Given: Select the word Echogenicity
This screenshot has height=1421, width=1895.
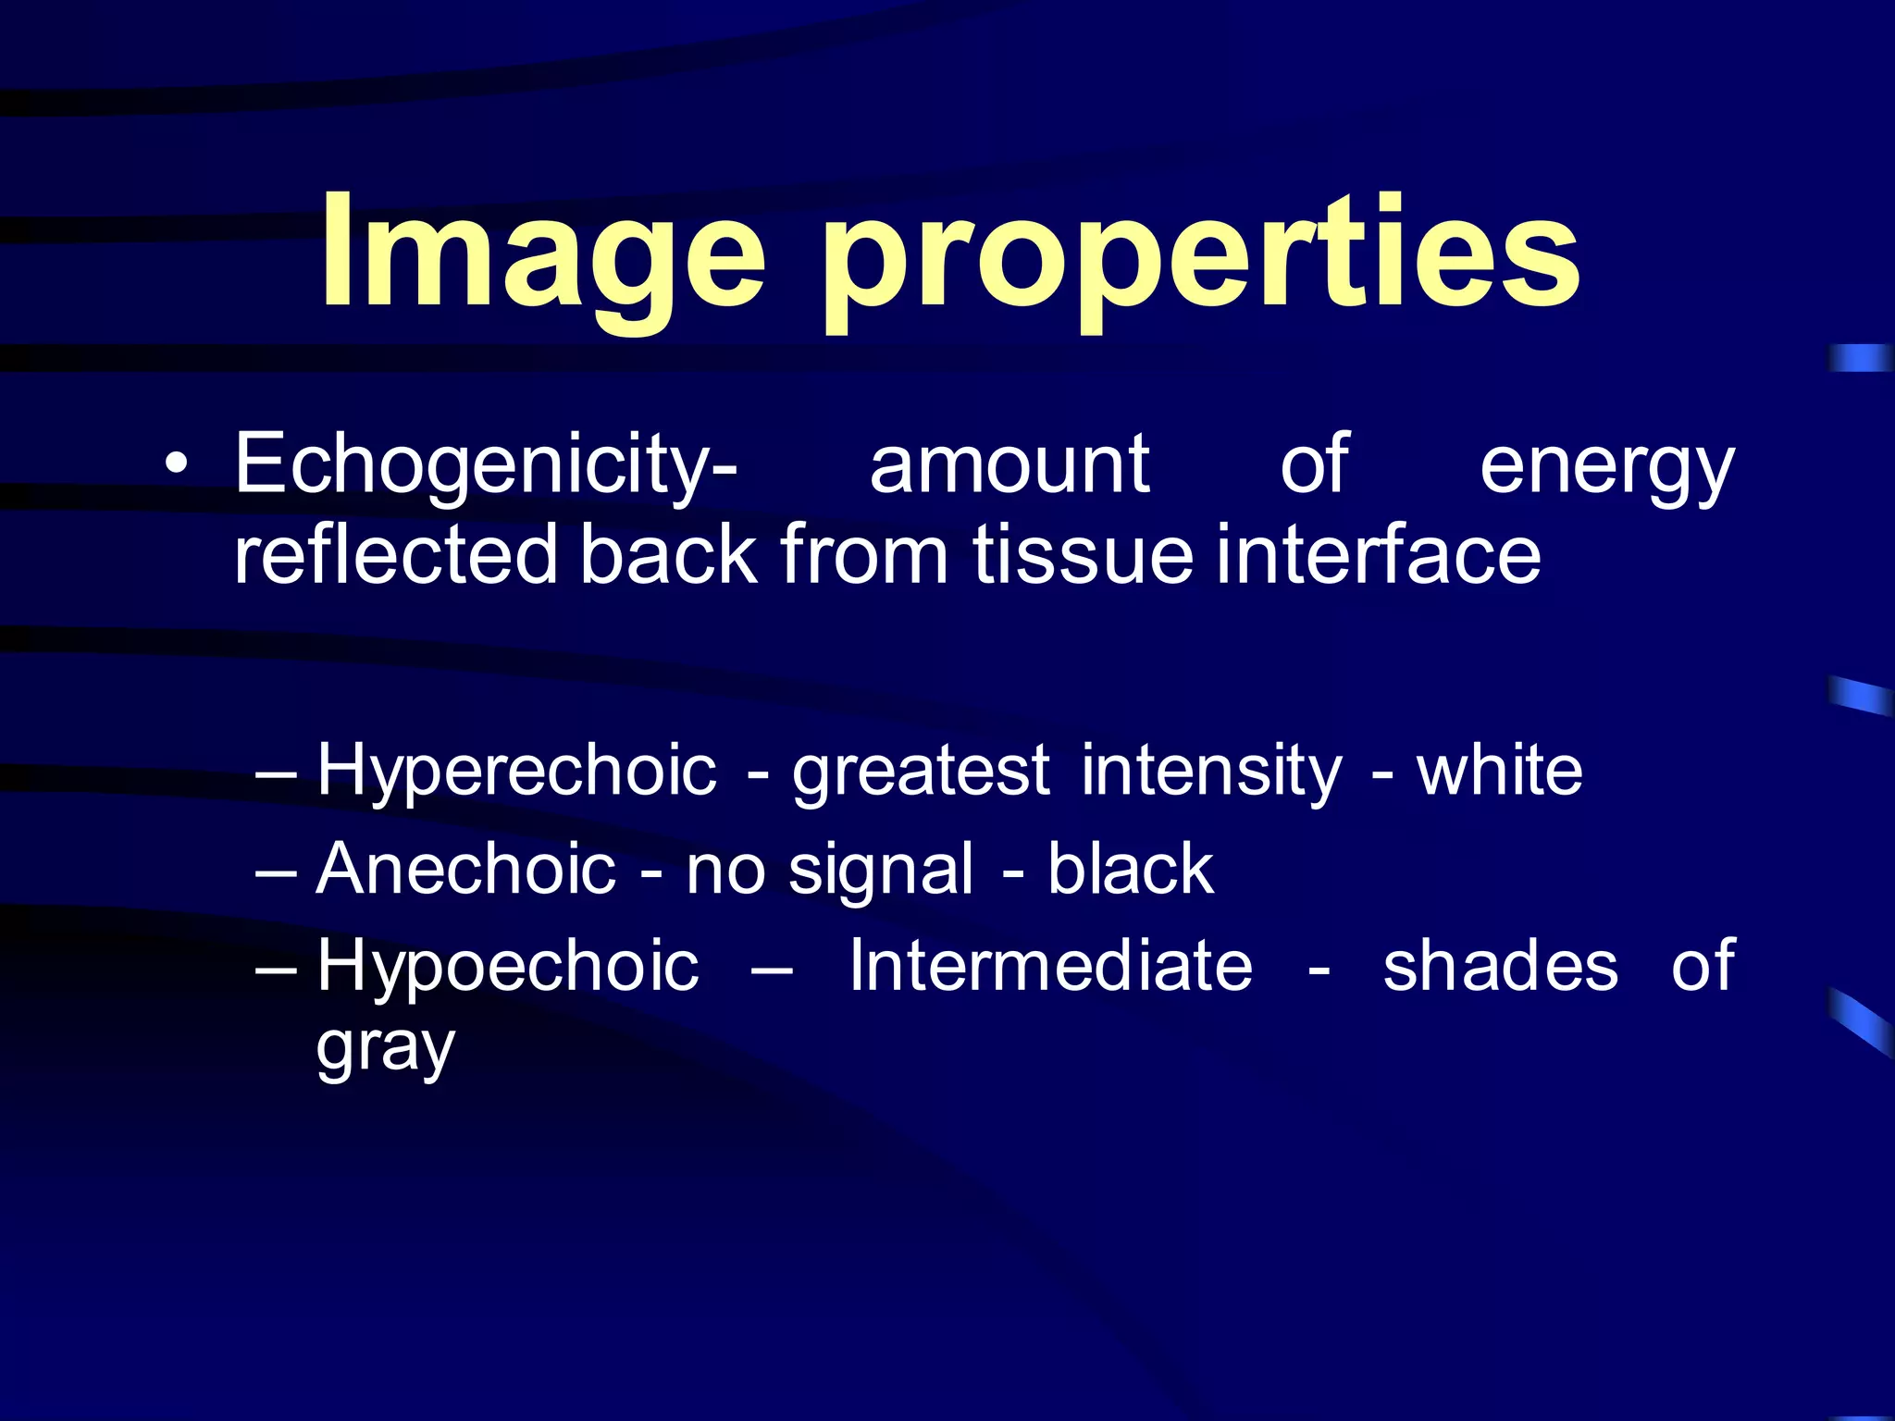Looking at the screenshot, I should point(485,465).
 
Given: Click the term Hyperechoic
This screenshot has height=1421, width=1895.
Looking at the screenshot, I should point(516,770).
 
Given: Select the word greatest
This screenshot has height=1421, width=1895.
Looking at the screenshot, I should point(921,772).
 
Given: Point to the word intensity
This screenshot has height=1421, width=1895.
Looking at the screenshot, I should point(1211,772).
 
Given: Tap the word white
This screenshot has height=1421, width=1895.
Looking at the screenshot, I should point(1500,770).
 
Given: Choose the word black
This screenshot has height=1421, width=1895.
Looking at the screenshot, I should point(1130,869).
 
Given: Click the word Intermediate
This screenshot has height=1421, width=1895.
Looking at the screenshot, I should point(1051,965).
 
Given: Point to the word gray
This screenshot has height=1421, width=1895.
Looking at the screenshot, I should point(385,1049).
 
